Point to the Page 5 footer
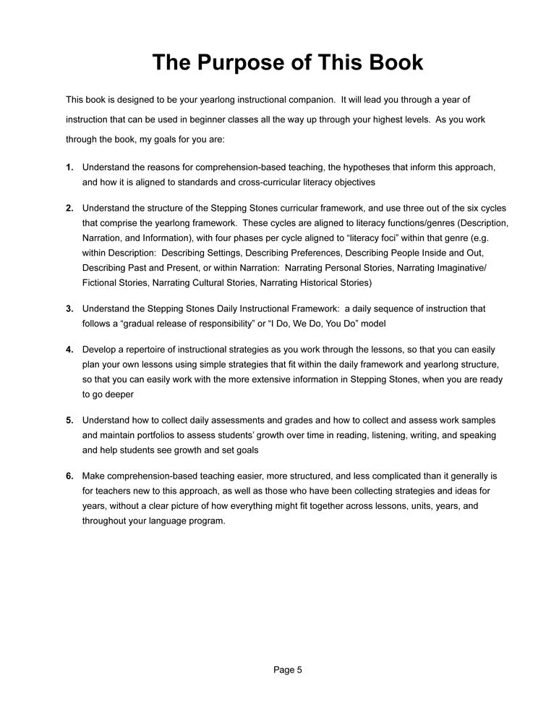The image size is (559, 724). point(288,670)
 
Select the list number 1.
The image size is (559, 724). point(69,167)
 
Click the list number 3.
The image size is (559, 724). point(69,308)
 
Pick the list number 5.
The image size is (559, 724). point(69,420)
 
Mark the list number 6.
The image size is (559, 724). point(69,476)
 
